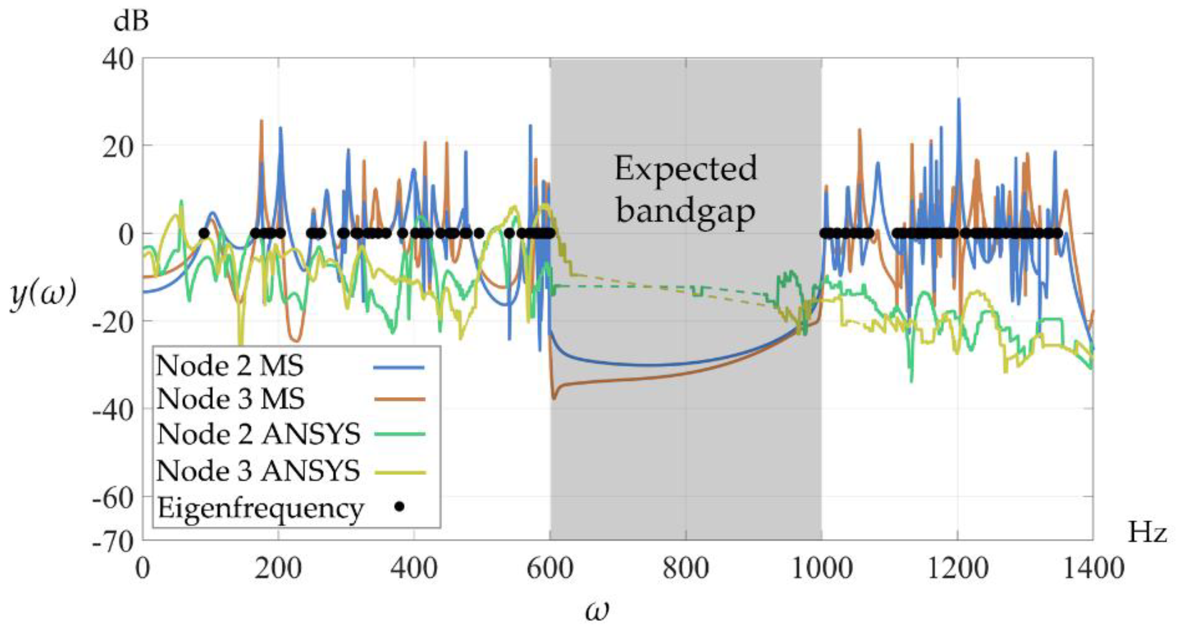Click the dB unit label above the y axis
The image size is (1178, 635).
[x=131, y=21]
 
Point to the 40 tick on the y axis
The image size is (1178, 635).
[x=117, y=59]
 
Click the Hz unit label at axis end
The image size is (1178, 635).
[x=1147, y=534]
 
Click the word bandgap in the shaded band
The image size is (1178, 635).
[x=685, y=212]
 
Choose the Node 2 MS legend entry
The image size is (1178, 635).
[x=230, y=366]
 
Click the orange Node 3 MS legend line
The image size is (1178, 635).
[x=399, y=399]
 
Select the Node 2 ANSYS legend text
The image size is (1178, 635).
[x=259, y=434]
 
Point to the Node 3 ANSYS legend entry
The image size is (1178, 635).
[x=259, y=471]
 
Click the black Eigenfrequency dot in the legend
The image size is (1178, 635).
[x=399, y=507]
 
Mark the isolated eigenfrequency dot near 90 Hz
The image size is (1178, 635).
[x=204, y=233]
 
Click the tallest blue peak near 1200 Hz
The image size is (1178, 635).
[x=958, y=99]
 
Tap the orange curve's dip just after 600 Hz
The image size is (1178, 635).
[x=554, y=398]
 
